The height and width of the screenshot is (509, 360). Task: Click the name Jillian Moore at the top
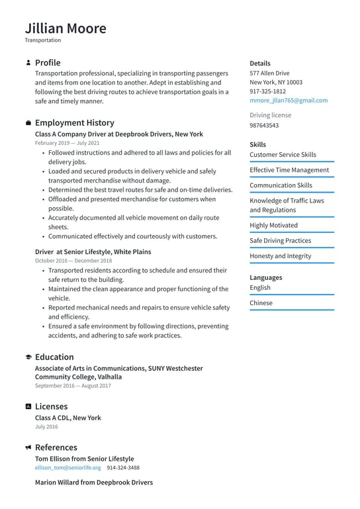66,28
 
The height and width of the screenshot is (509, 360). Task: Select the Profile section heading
47,63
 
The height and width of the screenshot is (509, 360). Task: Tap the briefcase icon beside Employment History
28,123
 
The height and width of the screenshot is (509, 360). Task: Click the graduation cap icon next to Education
28,357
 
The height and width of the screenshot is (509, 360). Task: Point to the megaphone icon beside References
28,448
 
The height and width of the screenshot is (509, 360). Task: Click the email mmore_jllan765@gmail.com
288,101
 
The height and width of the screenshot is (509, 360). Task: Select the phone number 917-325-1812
267,91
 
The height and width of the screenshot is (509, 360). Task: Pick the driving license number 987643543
264,125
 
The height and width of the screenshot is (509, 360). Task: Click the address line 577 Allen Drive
269,73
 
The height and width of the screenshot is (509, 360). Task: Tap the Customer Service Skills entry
283,155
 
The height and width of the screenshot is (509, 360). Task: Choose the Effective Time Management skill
289,170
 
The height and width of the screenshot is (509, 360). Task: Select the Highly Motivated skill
273,226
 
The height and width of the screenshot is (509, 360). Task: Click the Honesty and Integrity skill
280,256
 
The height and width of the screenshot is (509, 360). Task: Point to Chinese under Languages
261,303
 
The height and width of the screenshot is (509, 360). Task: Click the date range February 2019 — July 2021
67,143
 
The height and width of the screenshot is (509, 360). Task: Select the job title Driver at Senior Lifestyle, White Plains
93,252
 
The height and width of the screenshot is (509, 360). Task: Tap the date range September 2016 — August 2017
73,386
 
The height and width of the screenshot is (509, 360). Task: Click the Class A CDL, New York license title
67,418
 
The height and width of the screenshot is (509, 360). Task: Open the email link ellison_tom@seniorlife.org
67,468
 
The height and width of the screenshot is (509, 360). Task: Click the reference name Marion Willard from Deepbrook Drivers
93,483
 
